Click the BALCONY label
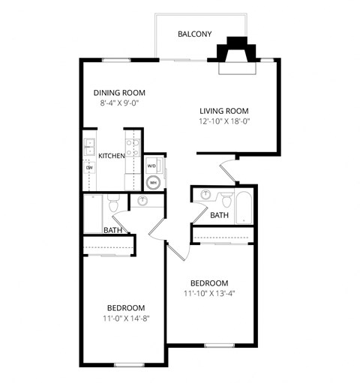tap(194, 34)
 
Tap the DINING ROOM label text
tap(119, 93)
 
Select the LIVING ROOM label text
tap(223, 109)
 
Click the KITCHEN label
tap(111, 156)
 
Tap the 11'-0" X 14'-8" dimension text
tap(125, 319)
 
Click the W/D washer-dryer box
tap(151, 166)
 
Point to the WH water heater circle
tap(153, 181)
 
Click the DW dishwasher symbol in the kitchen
tap(90, 167)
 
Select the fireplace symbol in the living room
tap(237, 58)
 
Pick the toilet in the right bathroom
tap(225, 199)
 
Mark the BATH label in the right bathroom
tap(220, 215)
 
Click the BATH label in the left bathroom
tap(112, 230)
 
